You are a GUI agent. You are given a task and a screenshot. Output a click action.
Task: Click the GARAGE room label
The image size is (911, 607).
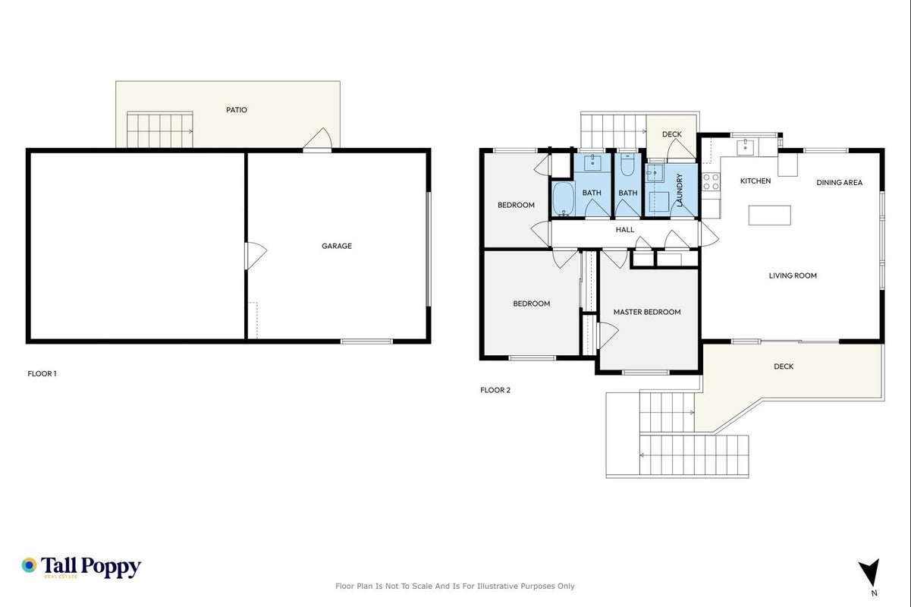336,246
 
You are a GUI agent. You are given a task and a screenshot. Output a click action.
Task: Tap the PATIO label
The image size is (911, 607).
237,110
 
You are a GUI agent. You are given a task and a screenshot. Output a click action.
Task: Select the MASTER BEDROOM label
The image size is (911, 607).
647,312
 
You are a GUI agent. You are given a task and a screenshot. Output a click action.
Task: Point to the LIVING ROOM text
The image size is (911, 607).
793,275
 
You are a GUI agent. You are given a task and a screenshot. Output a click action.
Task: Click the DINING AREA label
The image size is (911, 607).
840,183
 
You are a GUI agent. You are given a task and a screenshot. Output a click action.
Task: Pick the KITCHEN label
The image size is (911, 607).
756,181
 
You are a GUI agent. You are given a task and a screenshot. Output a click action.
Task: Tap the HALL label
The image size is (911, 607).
625,230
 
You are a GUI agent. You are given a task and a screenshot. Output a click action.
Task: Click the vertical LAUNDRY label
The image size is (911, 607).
679,190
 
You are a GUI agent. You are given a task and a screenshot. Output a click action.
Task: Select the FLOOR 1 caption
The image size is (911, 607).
42,373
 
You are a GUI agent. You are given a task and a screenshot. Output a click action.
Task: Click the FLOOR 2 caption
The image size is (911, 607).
495,390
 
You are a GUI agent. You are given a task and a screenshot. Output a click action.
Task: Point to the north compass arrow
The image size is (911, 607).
870,572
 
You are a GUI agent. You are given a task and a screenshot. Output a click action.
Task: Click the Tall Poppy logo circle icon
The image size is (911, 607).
30,565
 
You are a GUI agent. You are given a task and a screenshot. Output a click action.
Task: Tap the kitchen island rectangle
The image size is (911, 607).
769,215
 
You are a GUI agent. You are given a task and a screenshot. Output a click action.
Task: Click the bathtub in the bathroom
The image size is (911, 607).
564,199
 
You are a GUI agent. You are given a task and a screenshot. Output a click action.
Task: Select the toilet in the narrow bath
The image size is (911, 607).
627,165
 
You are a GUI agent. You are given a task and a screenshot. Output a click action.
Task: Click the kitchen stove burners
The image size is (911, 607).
711,182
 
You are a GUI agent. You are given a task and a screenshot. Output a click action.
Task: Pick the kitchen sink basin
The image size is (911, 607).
745,147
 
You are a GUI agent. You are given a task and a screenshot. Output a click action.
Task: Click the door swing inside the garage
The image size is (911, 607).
256,256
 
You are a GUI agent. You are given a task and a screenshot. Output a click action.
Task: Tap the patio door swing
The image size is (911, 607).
318,138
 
